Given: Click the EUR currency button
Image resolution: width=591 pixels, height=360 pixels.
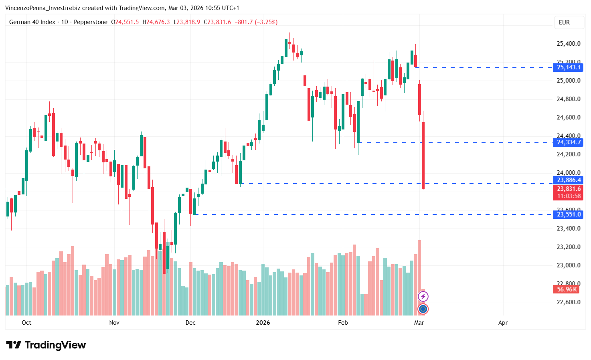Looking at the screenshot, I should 564,22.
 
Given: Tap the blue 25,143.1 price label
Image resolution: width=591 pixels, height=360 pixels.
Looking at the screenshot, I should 569,67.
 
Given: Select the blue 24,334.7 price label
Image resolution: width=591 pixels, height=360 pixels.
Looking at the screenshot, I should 569,142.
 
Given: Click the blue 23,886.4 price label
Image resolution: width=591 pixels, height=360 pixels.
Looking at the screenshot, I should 569,180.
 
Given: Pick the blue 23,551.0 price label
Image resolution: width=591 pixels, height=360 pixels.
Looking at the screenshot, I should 569,214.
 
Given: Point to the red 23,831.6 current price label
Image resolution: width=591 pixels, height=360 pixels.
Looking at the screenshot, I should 569,189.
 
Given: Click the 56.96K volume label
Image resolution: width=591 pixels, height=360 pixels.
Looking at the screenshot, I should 567,289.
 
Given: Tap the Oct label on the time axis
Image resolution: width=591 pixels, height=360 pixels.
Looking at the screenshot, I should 26,323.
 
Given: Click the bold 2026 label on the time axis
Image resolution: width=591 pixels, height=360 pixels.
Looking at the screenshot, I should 263,323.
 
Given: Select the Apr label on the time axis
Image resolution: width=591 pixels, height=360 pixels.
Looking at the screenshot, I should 503,323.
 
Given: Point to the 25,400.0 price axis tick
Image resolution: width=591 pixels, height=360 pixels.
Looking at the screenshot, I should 569,44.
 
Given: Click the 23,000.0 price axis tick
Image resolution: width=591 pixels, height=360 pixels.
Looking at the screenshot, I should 569,265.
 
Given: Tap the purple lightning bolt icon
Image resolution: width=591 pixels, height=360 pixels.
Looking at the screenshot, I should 423,297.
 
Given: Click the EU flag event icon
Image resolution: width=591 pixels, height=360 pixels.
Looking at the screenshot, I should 423,309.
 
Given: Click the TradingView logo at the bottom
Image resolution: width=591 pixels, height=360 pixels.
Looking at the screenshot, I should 46,345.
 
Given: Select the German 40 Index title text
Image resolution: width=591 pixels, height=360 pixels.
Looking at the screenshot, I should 32,22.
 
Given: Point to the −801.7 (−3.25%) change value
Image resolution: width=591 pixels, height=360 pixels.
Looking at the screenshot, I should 256,22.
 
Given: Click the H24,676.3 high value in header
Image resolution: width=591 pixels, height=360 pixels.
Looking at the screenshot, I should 156,22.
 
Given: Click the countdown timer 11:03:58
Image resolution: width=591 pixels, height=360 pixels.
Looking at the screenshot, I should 569,196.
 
